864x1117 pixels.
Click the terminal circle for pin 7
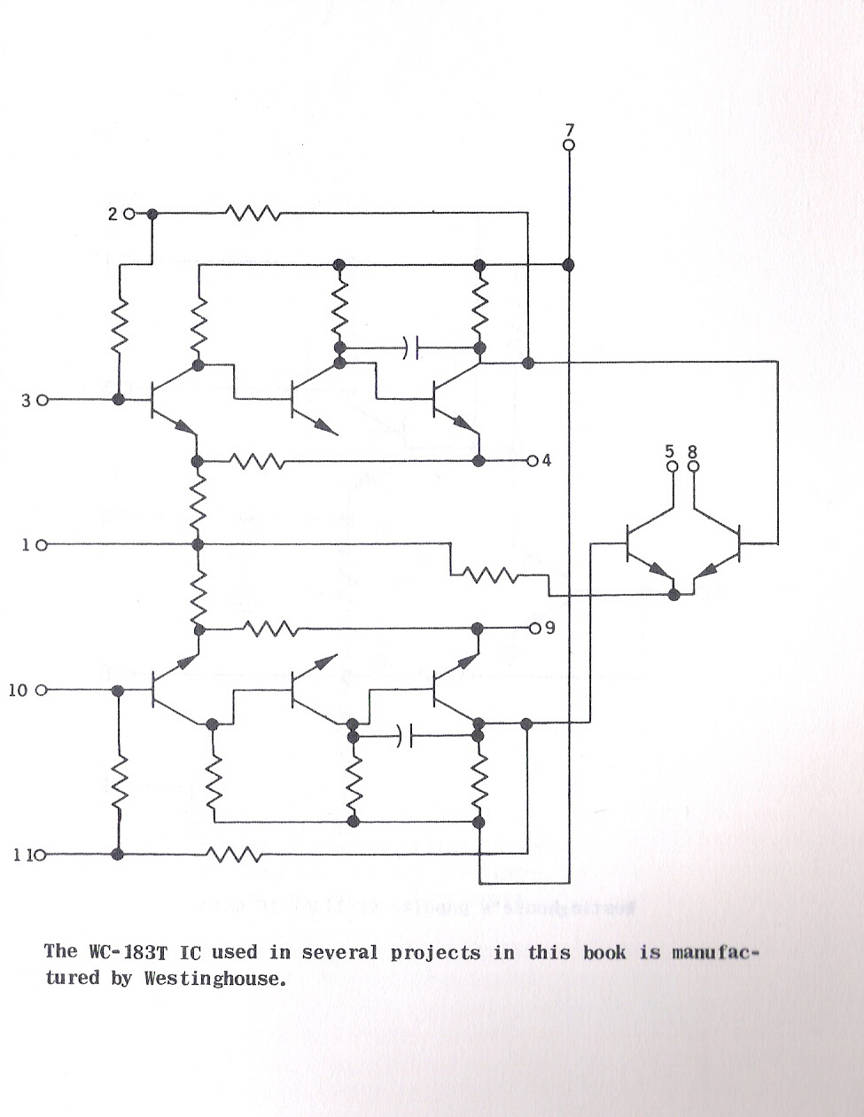click(569, 145)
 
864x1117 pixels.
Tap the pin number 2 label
click(113, 215)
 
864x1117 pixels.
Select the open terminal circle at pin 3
click(43, 400)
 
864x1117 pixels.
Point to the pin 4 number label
click(547, 461)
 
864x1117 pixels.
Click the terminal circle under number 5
click(673, 466)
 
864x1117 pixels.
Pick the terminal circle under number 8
click(694, 466)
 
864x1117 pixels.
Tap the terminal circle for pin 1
click(43, 545)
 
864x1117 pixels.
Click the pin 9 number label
click(549, 629)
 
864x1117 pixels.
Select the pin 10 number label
click(18, 691)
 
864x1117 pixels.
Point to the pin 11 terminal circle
click(40, 855)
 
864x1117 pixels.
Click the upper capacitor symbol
click(410, 348)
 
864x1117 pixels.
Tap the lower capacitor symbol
click(406, 736)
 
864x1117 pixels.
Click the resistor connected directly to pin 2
click(253, 213)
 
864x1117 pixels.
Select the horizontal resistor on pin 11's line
click(233, 855)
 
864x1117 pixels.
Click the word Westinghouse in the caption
click(214, 977)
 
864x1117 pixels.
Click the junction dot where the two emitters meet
click(674, 595)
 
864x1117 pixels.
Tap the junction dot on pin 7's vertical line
click(568, 265)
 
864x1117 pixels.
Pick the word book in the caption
click(604, 952)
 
